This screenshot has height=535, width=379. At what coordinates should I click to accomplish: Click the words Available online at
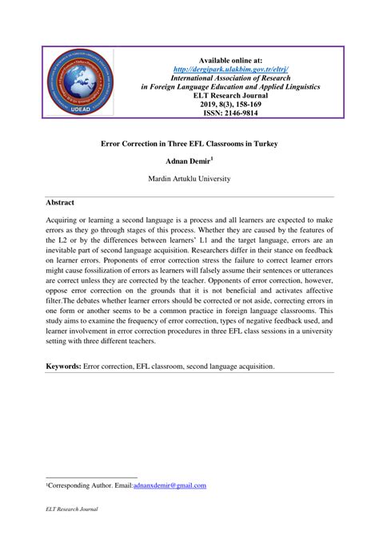tap(231, 60)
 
